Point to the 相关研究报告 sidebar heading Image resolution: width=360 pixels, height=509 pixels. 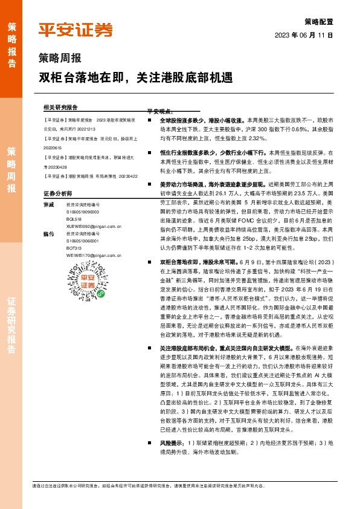[60, 106]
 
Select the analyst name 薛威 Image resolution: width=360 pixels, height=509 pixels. [49, 204]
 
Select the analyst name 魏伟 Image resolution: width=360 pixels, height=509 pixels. [49, 233]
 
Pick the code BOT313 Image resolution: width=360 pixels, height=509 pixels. [74, 248]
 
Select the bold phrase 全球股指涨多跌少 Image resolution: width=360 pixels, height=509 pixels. [181, 121]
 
